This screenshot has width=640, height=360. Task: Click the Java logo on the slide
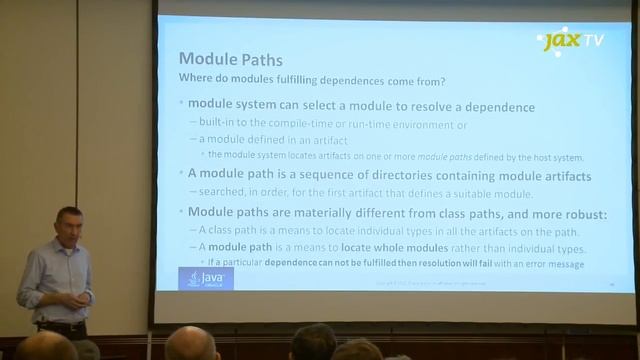pos(205,278)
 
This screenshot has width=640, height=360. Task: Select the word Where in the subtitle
pos(196,78)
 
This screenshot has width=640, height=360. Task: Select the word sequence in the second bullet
pos(320,176)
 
